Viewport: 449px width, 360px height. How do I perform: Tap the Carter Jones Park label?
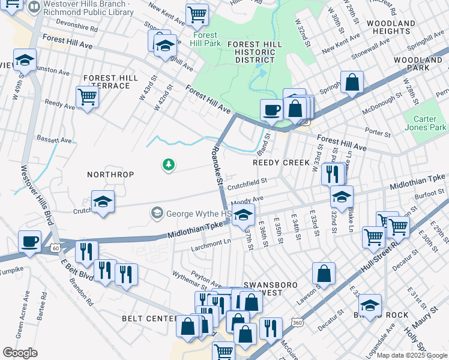426,123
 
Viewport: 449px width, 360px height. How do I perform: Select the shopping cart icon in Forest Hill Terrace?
88,97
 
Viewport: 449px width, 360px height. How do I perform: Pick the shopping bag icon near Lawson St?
324,274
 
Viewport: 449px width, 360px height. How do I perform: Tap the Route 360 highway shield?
297,322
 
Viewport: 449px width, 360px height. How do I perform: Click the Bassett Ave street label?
54,139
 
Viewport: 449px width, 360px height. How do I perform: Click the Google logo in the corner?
20,352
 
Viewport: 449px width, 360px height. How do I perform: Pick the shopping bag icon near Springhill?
352,83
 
